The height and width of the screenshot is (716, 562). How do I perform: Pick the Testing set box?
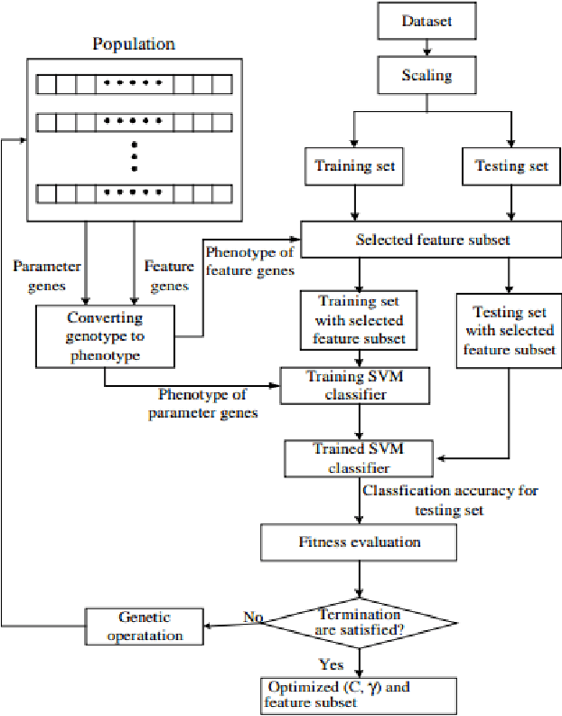[511, 166]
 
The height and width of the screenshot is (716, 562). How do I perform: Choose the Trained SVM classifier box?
[358, 457]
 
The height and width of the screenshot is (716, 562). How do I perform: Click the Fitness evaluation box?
[360, 542]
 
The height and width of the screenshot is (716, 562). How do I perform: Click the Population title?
[135, 43]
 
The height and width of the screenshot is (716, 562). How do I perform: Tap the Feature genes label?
[168, 275]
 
